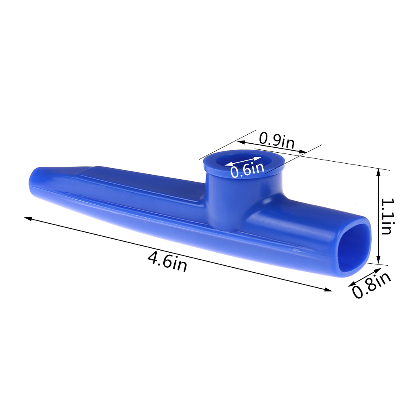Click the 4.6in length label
[x=167, y=262]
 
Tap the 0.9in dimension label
[x=277, y=141]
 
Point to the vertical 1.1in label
[x=388, y=216]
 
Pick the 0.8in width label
[x=371, y=285]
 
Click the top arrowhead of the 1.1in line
[x=378, y=173]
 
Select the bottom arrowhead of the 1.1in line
[x=378, y=260]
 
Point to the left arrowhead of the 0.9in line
[x=241, y=142]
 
